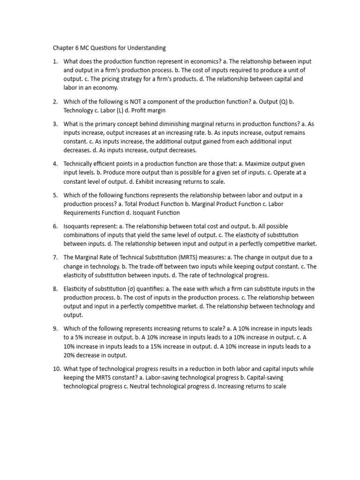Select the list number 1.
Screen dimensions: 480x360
click(54, 62)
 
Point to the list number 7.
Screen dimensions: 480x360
click(54, 257)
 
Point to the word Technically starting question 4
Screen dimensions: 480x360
click(80, 164)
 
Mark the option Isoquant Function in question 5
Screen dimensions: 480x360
click(146, 212)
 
